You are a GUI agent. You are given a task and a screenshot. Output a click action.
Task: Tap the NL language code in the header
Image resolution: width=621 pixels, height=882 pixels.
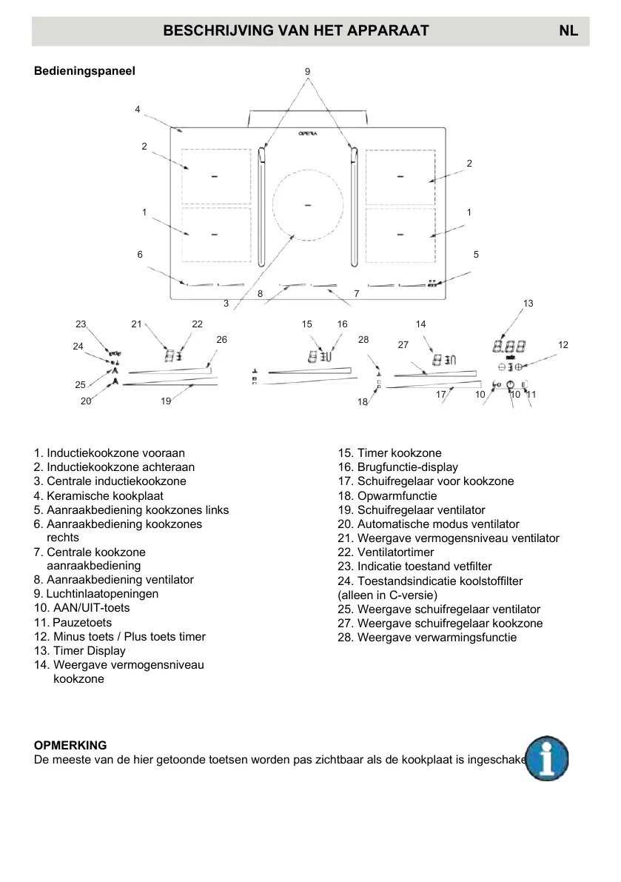tap(568, 30)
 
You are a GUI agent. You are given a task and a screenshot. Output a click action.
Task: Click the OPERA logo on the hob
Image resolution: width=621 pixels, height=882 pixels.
tap(308, 134)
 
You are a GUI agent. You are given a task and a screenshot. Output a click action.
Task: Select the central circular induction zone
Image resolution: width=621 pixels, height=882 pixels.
tap(307, 204)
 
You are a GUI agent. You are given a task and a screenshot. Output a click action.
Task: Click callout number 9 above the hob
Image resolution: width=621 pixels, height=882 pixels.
tap(307, 71)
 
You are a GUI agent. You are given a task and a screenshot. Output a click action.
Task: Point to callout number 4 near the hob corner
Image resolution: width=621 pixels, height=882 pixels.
tap(138, 110)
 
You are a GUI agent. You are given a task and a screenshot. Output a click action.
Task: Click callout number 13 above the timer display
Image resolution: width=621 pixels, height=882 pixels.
tap(528, 304)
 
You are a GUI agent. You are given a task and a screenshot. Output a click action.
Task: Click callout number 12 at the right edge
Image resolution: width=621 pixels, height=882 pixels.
tap(563, 345)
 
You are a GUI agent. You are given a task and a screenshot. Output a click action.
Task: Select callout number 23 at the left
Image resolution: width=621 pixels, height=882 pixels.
tap(81, 324)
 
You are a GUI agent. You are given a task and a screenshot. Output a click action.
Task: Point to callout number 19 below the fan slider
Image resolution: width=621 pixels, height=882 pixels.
tap(166, 401)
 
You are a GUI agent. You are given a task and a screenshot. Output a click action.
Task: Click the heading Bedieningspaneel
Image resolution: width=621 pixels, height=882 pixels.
tap(84, 72)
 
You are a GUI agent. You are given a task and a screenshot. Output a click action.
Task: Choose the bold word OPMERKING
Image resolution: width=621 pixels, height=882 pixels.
tap(70, 745)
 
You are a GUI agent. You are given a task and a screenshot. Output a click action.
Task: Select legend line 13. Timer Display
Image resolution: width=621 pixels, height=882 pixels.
tap(79, 651)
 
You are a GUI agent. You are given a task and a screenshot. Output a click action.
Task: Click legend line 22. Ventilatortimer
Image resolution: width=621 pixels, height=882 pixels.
tap(386, 552)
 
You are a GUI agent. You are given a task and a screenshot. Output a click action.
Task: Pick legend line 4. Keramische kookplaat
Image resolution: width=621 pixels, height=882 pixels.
tap(98, 496)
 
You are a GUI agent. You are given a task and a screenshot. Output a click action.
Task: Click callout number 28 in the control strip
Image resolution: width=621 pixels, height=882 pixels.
tap(363, 339)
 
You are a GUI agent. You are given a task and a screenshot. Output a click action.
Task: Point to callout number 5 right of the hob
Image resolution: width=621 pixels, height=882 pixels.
tap(476, 254)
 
